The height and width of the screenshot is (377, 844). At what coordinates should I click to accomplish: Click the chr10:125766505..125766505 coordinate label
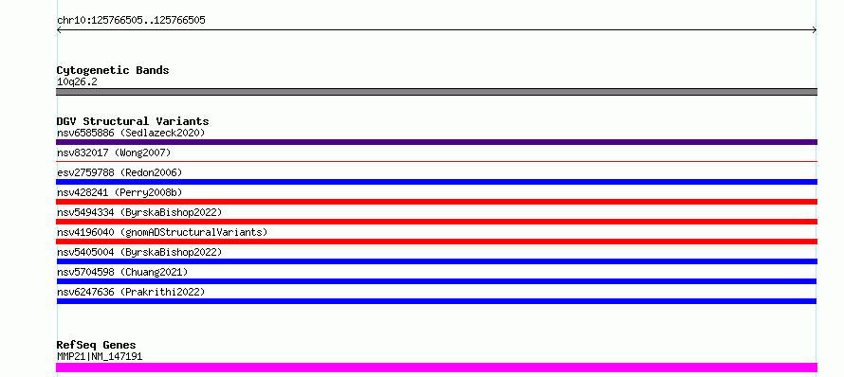(131, 21)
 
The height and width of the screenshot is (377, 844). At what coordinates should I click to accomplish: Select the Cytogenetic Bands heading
(113, 70)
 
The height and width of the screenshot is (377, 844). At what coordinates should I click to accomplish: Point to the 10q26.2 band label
(77, 81)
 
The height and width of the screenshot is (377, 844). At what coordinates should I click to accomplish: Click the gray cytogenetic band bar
(436, 92)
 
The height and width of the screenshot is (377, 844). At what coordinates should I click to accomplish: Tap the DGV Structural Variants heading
(133, 121)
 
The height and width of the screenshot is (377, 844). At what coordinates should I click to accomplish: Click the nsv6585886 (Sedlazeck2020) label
(131, 133)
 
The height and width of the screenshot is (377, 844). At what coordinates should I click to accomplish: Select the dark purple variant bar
(436, 142)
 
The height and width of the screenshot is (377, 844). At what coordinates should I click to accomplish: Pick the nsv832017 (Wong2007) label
(114, 153)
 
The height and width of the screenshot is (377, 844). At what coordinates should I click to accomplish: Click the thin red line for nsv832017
(436, 161)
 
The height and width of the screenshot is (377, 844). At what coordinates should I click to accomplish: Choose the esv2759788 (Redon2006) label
(119, 172)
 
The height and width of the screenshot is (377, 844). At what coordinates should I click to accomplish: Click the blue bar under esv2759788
(436, 182)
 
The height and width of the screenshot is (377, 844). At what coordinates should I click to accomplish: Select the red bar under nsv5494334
(436, 222)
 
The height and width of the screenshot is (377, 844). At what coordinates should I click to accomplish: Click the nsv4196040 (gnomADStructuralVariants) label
(162, 232)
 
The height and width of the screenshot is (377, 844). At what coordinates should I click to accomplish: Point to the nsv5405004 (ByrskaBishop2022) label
(139, 252)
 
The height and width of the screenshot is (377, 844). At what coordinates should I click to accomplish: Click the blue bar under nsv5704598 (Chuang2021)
(436, 281)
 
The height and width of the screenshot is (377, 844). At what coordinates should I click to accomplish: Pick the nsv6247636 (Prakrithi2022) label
(131, 292)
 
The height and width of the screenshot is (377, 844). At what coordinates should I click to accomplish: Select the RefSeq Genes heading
(97, 345)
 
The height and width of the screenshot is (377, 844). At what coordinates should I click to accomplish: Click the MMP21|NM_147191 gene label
(100, 356)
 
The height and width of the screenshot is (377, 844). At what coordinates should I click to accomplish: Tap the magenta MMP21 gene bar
(436, 368)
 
